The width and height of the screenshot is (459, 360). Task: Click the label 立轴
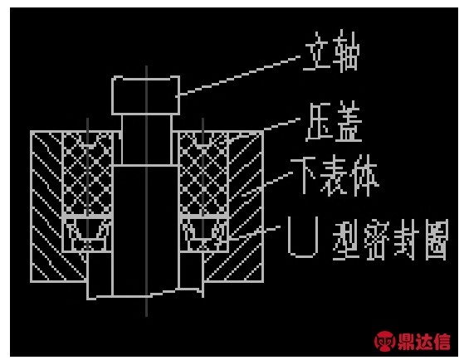point(331,51)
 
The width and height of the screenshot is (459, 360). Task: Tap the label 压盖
point(334,122)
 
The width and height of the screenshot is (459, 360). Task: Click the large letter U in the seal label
point(303,237)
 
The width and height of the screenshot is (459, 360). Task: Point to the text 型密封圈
point(390,240)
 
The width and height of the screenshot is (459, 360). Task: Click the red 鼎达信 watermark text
point(424,341)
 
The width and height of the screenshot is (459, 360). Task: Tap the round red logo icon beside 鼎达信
point(384,341)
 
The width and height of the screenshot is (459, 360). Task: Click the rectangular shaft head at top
point(146,95)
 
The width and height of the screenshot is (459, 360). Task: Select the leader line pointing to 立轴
point(240,75)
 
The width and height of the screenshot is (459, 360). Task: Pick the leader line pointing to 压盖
point(281,124)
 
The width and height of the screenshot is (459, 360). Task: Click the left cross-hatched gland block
point(87,174)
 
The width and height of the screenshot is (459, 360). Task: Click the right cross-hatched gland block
point(203,174)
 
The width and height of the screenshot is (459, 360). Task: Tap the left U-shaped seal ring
point(87,234)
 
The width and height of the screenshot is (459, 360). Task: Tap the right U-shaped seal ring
point(203,234)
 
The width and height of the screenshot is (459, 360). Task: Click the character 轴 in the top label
point(346,51)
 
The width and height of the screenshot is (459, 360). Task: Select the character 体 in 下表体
point(366,176)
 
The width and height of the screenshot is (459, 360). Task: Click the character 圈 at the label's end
point(436,240)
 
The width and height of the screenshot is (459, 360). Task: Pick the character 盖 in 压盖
point(349,122)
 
